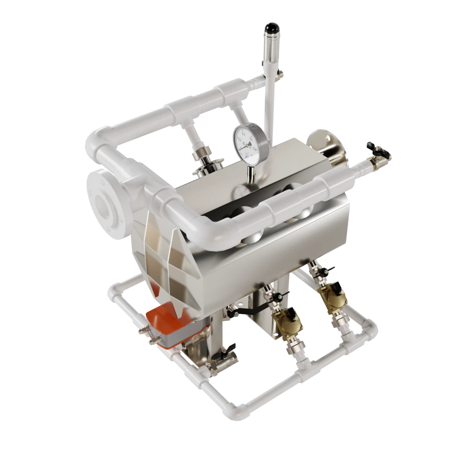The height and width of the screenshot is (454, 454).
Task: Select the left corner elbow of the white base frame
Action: coord(113,293)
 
